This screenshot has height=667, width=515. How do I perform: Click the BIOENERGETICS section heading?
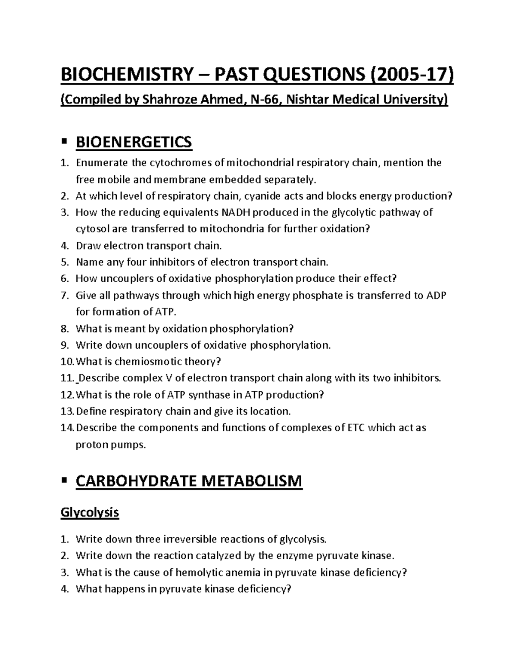click(x=134, y=142)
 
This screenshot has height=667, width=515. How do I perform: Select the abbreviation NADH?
click(x=238, y=213)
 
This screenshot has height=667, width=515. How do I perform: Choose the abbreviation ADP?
click(x=436, y=295)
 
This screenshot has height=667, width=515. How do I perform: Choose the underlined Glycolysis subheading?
click(x=90, y=512)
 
